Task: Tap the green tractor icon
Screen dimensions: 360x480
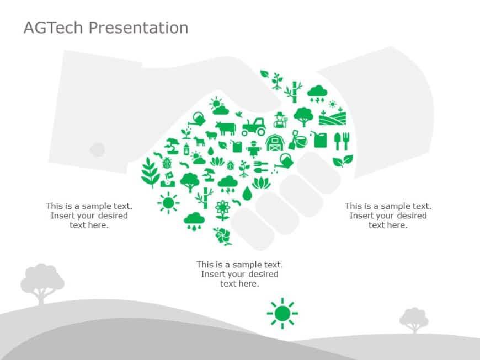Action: point(254,127)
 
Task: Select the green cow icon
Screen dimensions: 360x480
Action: point(225,128)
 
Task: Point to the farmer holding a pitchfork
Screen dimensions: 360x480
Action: point(280,120)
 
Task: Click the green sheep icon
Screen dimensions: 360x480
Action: point(210,135)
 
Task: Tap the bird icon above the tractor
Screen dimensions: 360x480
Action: point(239,114)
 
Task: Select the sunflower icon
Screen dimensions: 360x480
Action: point(222,209)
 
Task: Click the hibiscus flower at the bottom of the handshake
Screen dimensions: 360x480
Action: point(222,235)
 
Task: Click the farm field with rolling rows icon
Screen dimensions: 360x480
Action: point(332,117)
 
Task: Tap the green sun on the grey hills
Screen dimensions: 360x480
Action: point(282,313)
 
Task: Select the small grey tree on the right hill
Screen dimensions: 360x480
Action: point(414,319)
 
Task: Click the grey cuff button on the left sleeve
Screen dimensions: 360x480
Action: point(97,149)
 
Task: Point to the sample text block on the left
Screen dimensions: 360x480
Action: point(89,216)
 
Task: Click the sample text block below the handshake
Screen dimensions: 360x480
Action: point(239,274)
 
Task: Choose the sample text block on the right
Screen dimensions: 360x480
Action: point(388,216)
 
